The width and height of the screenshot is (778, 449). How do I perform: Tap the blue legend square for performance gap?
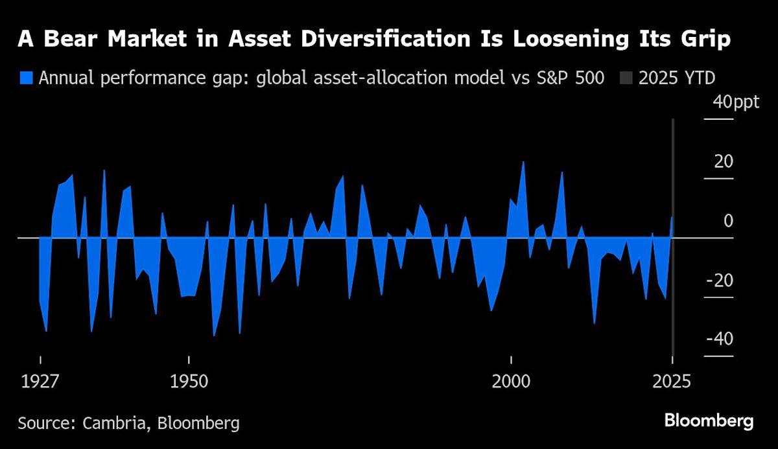point(26,78)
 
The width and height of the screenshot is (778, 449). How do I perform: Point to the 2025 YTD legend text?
point(677,78)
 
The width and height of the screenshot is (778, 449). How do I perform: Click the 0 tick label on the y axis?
point(728,221)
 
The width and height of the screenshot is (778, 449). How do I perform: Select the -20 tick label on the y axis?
point(721,281)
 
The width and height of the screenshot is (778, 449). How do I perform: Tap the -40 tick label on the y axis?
point(721,340)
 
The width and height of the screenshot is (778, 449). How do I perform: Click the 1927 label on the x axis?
point(40,380)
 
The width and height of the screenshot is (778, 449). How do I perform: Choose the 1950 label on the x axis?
point(188,380)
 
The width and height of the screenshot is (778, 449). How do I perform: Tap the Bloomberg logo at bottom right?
point(709,421)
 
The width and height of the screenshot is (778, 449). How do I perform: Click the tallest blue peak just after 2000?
point(523,163)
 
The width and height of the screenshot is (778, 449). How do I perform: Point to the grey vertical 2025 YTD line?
point(674,292)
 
